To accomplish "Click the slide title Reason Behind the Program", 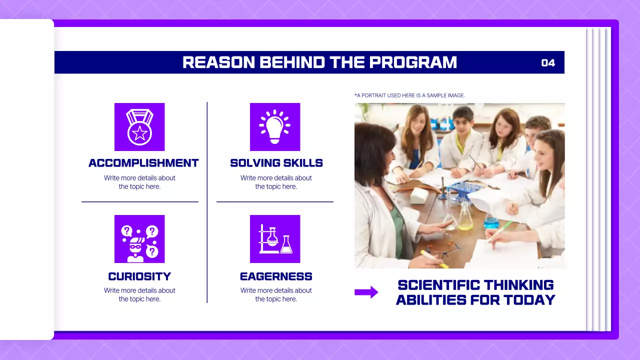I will [x=319, y=62].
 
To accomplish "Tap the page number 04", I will [x=548, y=63].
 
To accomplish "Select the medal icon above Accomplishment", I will [x=139, y=127].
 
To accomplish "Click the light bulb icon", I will [x=274, y=127].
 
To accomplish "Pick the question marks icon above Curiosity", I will [x=139, y=239].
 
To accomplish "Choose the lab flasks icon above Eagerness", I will [x=274, y=239].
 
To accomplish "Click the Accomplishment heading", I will [x=143, y=163].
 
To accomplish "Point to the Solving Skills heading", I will [x=276, y=163].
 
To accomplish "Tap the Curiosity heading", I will [x=139, y=276].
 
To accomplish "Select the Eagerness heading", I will [x=276, y=276].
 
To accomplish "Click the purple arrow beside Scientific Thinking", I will [x=366, y=292].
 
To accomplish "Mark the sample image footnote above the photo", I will [x=409, y=95].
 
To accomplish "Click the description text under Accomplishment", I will [x=139, y=182].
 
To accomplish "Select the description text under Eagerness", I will [x=276, y=294].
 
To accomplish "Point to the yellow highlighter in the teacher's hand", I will [x=433, y=259].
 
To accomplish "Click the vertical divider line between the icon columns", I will [x=207, y=202].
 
